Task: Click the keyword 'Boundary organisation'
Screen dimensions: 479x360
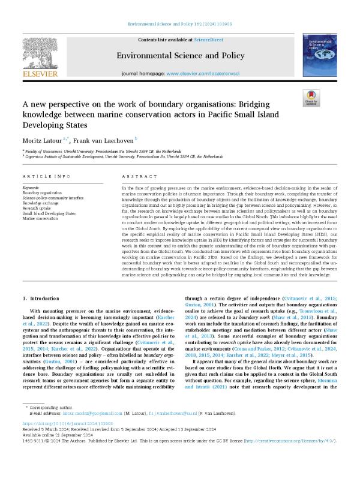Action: coord(41,192)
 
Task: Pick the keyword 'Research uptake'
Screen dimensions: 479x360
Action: coord(38,208)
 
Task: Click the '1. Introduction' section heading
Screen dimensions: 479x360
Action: coord(42,297)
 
